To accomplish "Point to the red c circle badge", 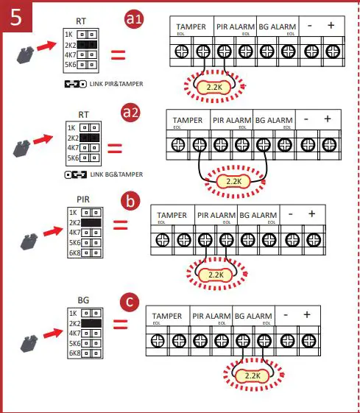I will pyautogui.click(x=130, y=301).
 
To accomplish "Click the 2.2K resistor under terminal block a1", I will pyautogui.click(x=213, y=88).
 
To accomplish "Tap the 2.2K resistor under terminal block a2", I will pyautogui.click(x=233, y=180).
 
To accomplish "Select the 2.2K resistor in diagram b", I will pyautogui.click(x=215, y=274).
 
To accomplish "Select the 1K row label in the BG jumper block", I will pyautogui.click(x=71, y=313).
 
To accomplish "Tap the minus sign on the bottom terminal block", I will pyautogui.click(x=286, y=315).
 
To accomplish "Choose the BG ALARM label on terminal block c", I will pyautogui.click(x=253, y=316).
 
